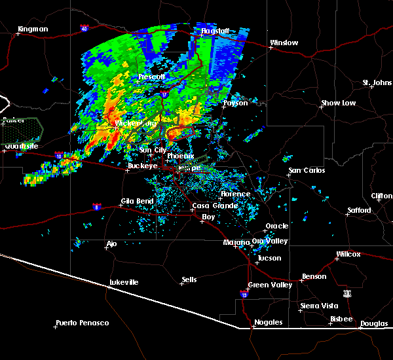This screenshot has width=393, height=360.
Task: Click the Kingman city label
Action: pyautogui.click(x=33, y=29)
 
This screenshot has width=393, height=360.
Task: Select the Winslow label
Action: pyautogui.click(x=284, y=43)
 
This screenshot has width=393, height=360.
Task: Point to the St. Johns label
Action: pyautogui.click(x=377, y=82)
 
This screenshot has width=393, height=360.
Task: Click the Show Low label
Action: pyautogui.click(x=338, y=103)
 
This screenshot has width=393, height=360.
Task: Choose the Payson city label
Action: pyautogui.click(x=235, y=103)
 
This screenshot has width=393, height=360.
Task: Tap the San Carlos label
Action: pyautogui.click(x=307, y=170)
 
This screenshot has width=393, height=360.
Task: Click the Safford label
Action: pyautogui.click(x=359, y=211)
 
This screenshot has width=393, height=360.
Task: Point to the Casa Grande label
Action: pyautogui.click(x=210, y=206)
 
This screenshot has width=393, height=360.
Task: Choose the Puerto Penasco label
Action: pyautogui.click(x=83, y=323)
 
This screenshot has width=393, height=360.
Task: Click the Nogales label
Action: pyautogui.click(x=269, y=323)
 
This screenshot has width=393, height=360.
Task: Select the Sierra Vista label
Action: pyautogui.click(x=318, y=306)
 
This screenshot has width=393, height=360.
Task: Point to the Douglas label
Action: pyautogui.click(x=373, y=324)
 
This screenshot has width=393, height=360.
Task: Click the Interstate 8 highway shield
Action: pyautogui.click(x=97, y=206)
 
